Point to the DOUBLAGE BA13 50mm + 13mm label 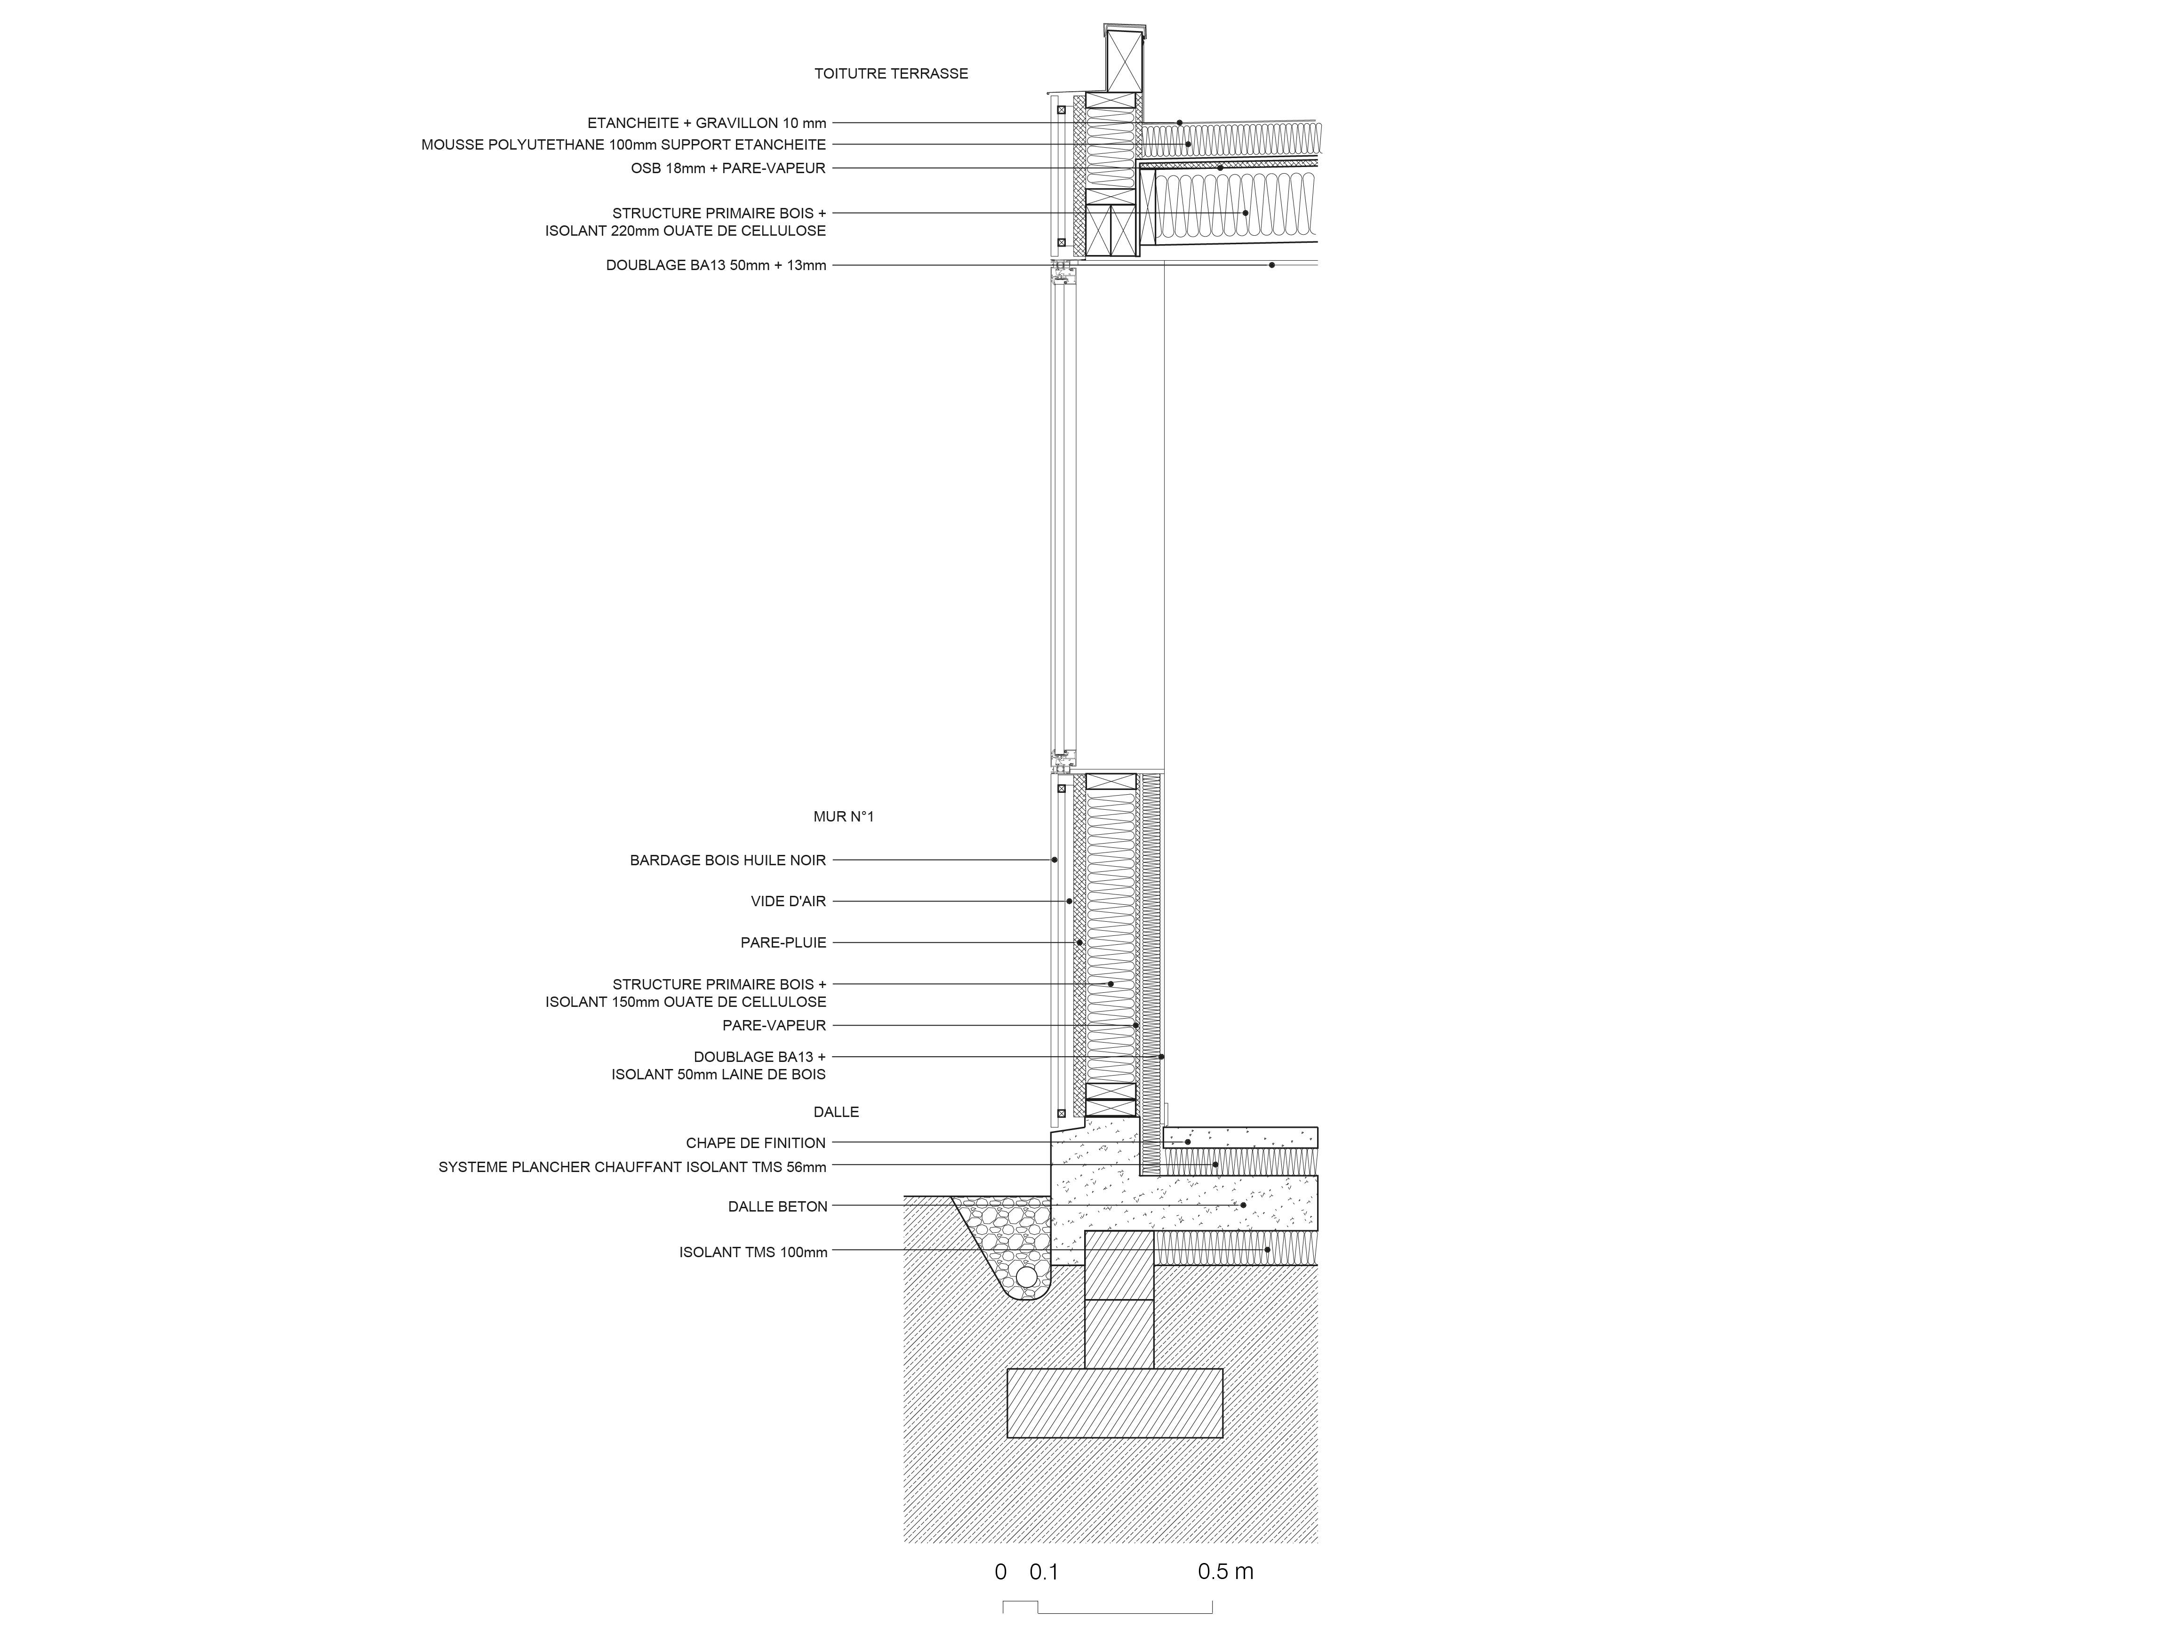(x=716, y=265)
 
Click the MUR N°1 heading (x=844, y=817)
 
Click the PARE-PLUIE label (x=783, y=943)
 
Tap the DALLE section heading (x=836, y=1111)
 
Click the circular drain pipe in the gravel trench (x=1026, y=1277)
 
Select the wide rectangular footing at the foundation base (x=1115, y=1403)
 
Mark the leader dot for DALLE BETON (x=1243, y=1205)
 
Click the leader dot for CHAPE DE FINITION (x=1188, y=1141)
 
